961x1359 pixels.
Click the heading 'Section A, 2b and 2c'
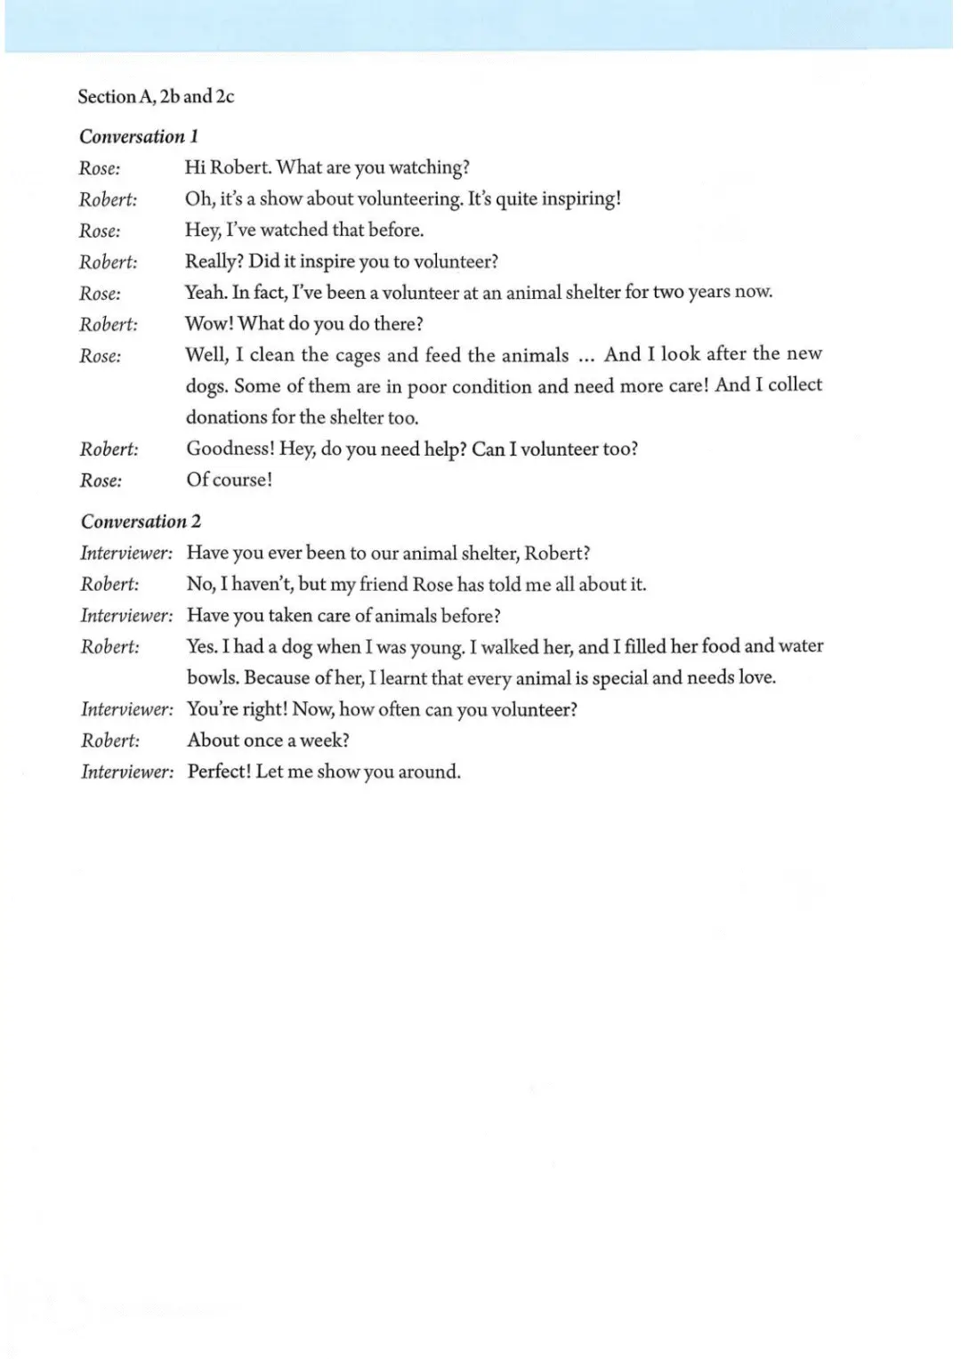point(156,96)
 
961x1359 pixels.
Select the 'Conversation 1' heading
point(139,136)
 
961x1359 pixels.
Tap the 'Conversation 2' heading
point(141,522)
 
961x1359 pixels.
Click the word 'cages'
point(358,355)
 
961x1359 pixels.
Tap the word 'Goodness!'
point(230,449)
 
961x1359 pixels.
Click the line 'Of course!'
point(229,480)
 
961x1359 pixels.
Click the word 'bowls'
point(212,678)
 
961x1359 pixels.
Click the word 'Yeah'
point(205,293)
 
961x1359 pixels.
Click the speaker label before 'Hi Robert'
point(100,168)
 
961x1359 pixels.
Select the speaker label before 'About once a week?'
point(110,740)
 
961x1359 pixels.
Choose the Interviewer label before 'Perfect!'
point(126,772)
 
